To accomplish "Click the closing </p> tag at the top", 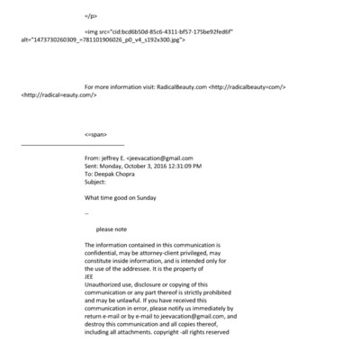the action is pos(90,16).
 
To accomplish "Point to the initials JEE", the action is pos(89,276).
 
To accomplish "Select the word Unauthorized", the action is pos(103,284).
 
